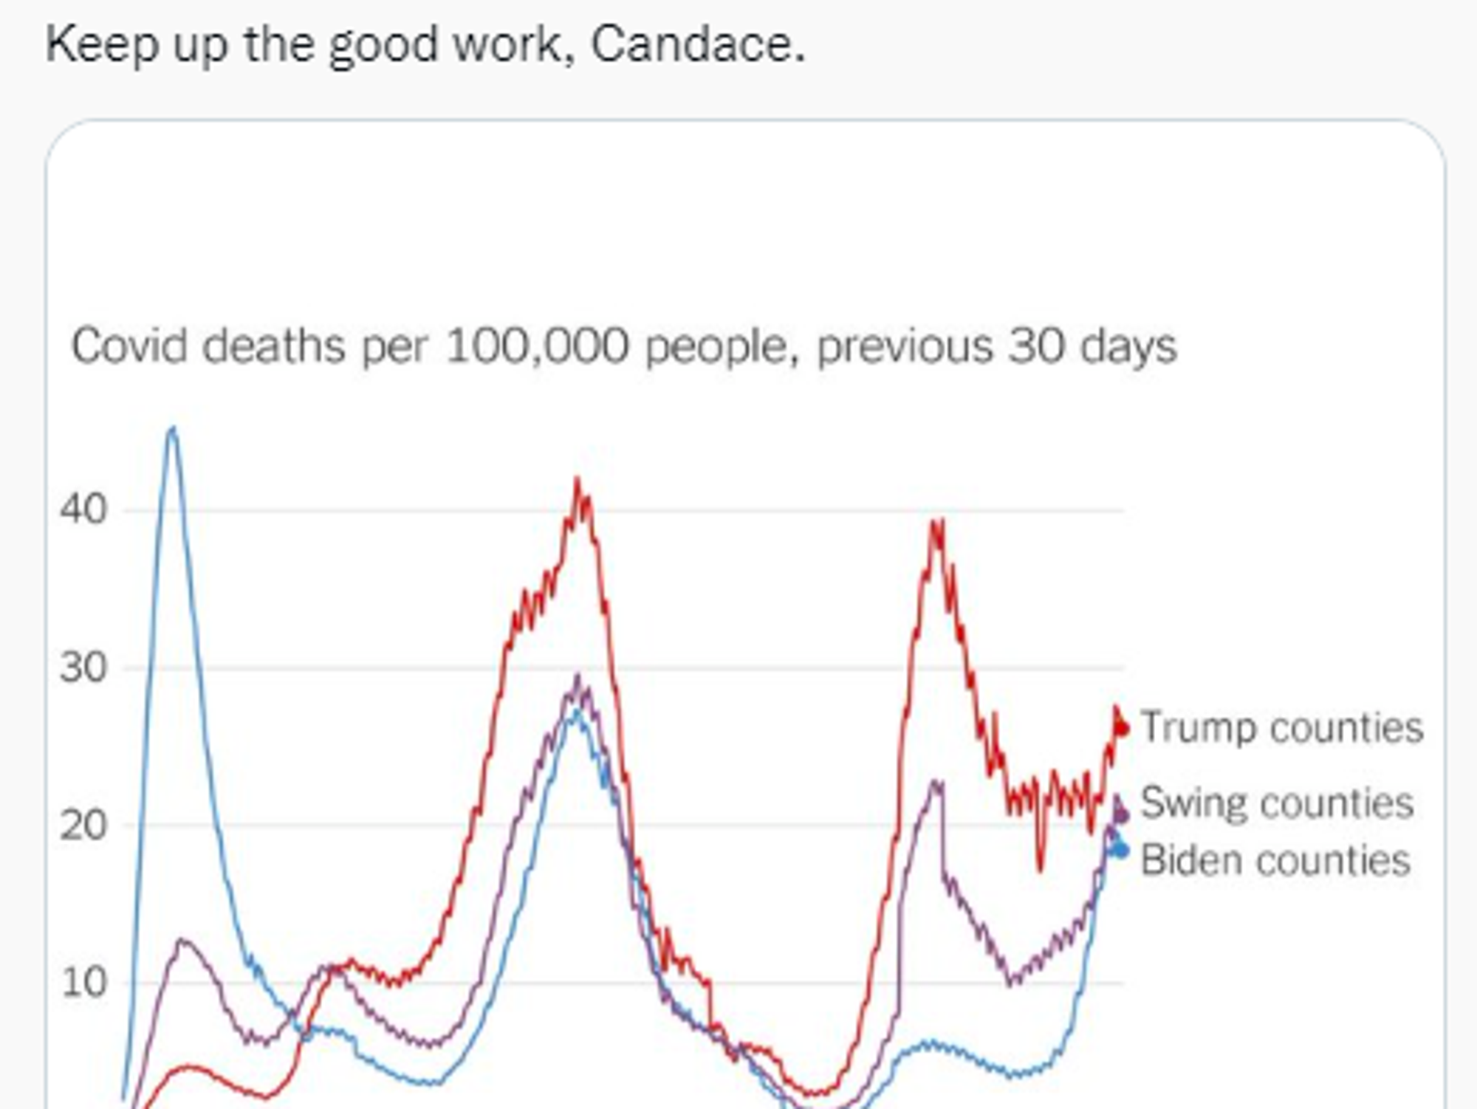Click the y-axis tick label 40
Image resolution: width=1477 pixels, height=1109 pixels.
tap(83, 509)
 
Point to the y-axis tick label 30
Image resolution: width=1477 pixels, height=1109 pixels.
tap(83, 668)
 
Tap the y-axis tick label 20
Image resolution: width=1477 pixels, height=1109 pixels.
tap(83, 825)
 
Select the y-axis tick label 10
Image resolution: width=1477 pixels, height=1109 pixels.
tap(83, 983)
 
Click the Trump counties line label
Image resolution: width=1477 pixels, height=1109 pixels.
tap(1281, 728)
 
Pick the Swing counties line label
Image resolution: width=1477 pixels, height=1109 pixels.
tap(1277, 803)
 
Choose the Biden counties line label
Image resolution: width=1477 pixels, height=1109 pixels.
tap(1275, 861)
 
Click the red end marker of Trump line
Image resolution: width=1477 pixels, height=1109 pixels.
tap(1121, 728)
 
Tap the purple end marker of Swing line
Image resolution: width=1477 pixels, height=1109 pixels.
tap(1121, 814)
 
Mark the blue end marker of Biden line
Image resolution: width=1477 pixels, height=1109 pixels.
tap(1120, 851)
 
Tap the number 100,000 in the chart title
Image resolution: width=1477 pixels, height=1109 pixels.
tap(538, 346)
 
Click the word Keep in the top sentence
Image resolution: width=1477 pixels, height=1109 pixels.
tap(102, 44)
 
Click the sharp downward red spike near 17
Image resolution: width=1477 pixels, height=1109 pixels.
tap(1041, 868)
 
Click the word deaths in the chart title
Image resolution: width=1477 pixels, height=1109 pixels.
tap(274, 346)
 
